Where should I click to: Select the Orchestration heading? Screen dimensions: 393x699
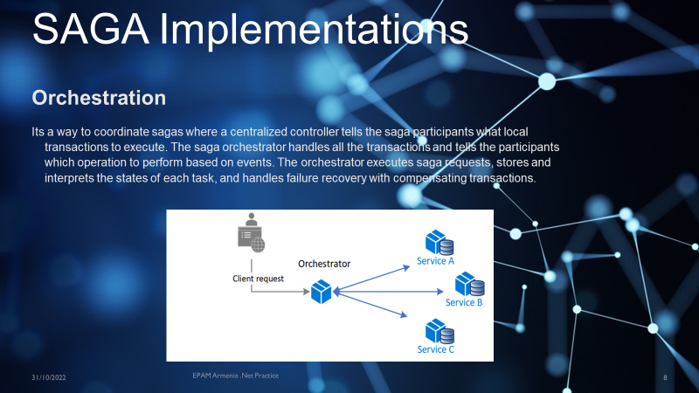point(99,96)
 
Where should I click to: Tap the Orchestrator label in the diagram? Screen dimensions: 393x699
point(324,263)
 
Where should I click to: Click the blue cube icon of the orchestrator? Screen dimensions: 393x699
point(322,293)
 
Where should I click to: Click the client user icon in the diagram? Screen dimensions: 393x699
point(251,233)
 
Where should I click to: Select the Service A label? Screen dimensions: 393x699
point(435,260)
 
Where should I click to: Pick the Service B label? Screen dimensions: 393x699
point(464,302)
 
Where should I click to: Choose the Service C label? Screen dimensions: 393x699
point(436,349)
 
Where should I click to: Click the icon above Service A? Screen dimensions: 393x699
point(438,241)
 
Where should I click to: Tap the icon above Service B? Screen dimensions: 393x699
point(469,283)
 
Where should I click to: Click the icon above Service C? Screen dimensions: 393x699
point(438,330)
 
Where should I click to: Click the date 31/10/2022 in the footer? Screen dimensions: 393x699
point(49,377)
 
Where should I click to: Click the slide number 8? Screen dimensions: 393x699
point(665,377)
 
